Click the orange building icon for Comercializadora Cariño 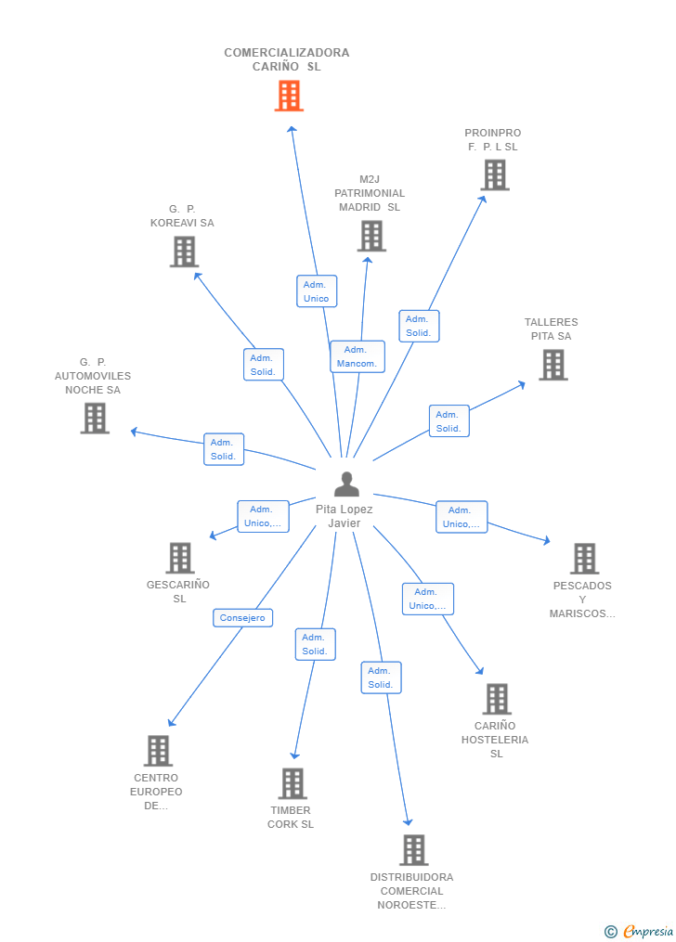pos(289,96)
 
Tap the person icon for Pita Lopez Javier pos(346,484)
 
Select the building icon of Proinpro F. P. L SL pos(495,174)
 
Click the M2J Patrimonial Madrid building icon pos(371,236)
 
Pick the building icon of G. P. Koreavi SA pos(184,252)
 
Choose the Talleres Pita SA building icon pos(553,365)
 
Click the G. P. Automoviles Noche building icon pos(95,418)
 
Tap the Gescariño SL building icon pos(180,558)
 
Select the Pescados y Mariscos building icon pos(584,559)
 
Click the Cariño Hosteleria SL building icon pos(497,699)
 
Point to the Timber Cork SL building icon pos(292,783)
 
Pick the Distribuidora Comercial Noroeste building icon pos(413,849)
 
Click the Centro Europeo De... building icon pos(158,751)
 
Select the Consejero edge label pos(242,617)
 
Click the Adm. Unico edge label pos(316,291)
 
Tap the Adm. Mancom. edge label pos(357,356)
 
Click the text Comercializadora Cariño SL pos(287,59)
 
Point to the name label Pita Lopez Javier pos(344,516)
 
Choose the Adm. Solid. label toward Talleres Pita pos(448,421)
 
